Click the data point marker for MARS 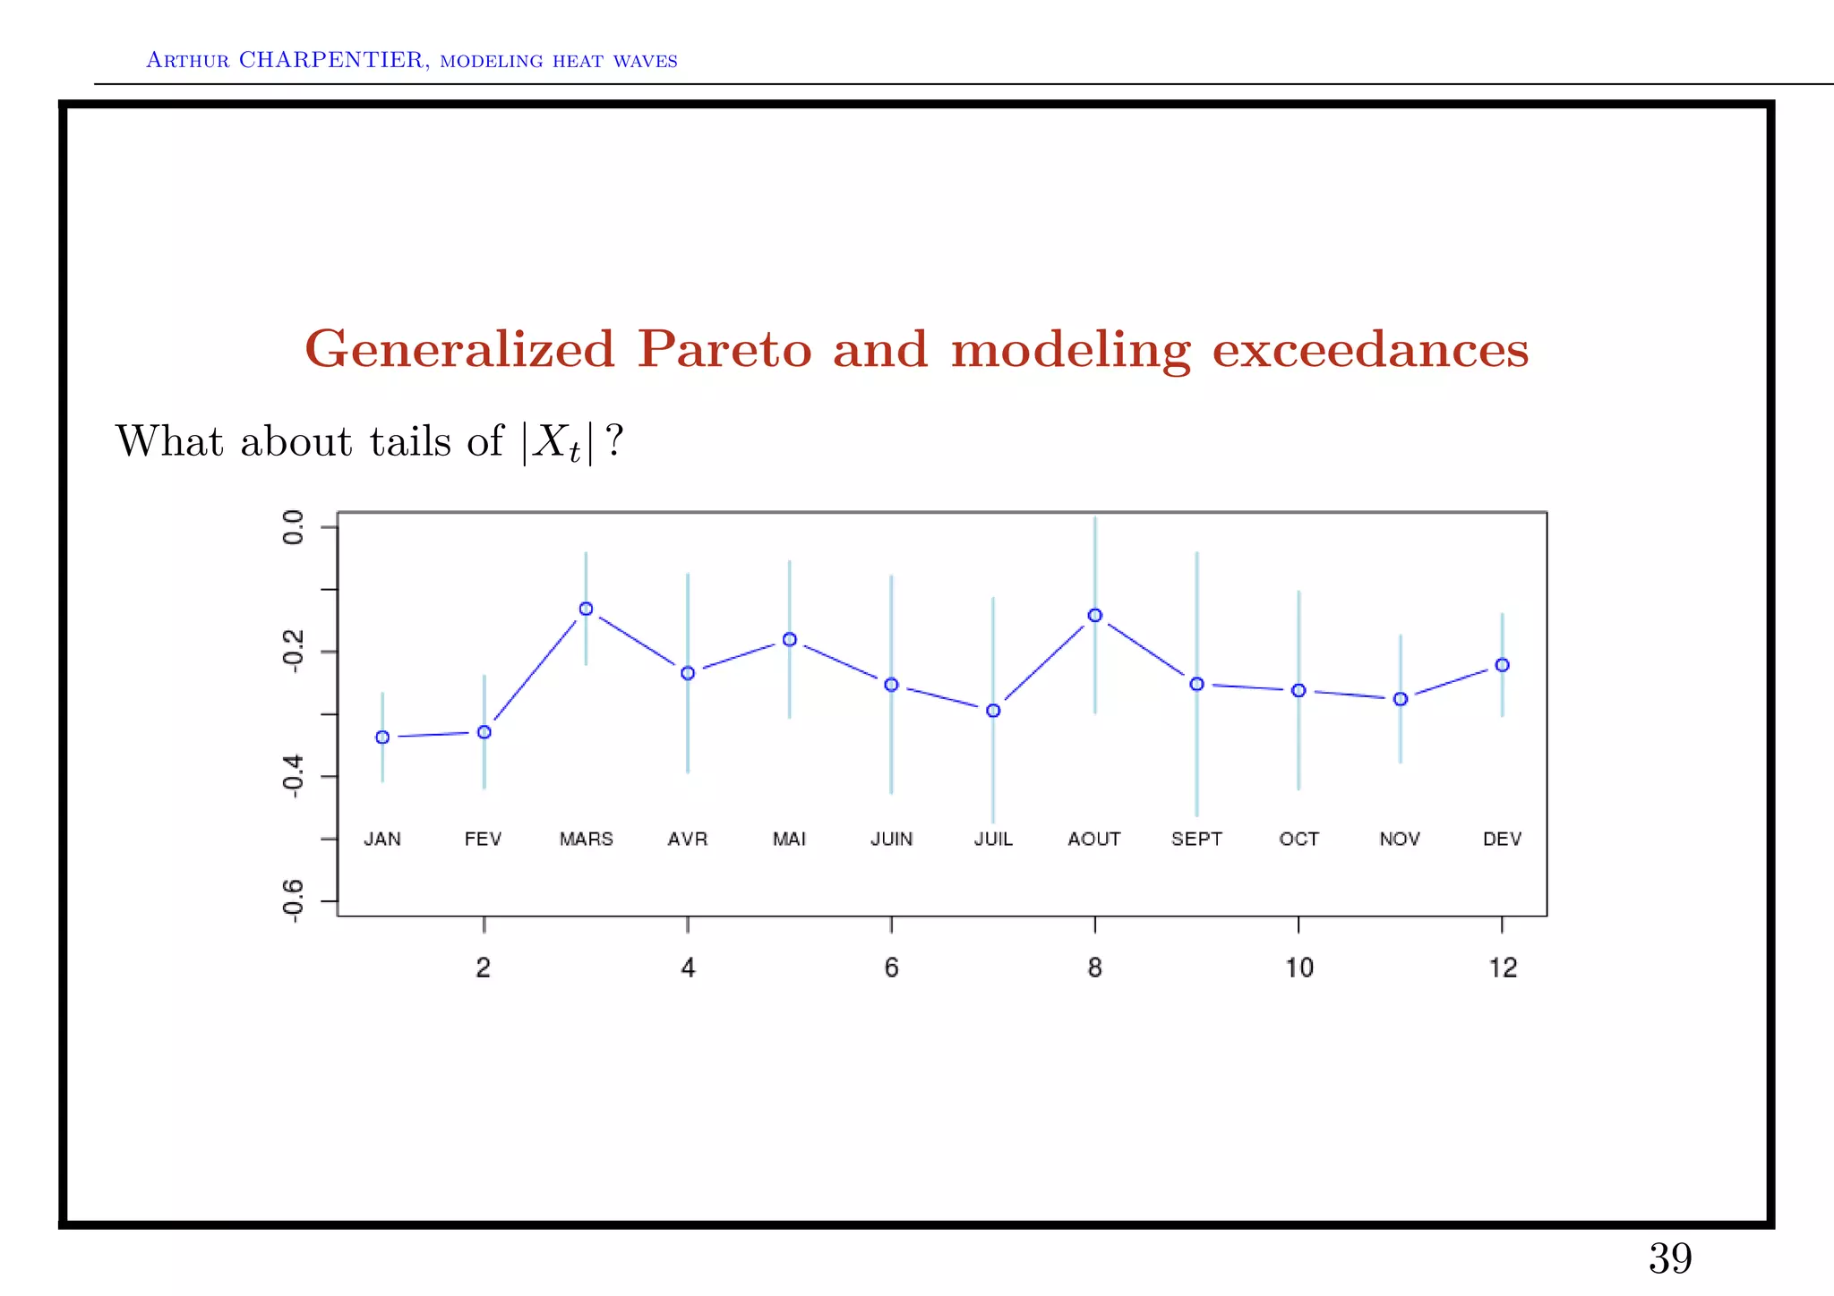click(586, 609)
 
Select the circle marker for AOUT click(1094, 615)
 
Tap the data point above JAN click(382, 737)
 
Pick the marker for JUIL click(992, 711)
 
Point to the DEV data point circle click(1502, 665)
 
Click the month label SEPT click(1196, 839)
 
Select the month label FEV click(483, 839)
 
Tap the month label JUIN click(891, 839)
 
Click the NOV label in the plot click(1400, 839)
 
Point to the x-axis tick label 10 click(1298, 968)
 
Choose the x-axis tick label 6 click(891, 968)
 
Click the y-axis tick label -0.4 click(293, 775)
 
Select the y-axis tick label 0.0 click(293, 527)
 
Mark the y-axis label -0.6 click(293, 900)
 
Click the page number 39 click(1669, 1258)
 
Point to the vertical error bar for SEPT click(1196, 761)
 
